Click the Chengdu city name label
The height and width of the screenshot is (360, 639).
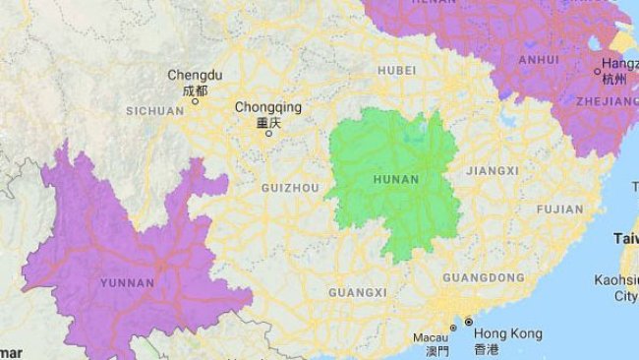click(195, 75)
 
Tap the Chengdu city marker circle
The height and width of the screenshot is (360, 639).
click(195, 100)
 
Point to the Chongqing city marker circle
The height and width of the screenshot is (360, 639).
click(267, 134)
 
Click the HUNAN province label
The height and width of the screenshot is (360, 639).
click(396, 180)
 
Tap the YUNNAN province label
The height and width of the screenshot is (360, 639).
click(127, 283)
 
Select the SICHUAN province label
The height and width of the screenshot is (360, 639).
click(156, 111)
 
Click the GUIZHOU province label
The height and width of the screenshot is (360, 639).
click(290, 187)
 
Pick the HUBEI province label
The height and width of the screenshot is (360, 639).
click(396, 71)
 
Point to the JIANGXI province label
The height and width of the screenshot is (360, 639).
click(492, 171)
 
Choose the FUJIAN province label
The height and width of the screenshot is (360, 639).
click(559, 210)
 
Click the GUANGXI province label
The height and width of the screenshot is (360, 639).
click(351, 293)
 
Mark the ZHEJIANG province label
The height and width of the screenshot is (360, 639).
click(609, 101)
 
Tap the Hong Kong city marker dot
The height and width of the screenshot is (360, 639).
click(469, 323)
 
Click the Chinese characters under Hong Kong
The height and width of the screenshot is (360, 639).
click(487, 350)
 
